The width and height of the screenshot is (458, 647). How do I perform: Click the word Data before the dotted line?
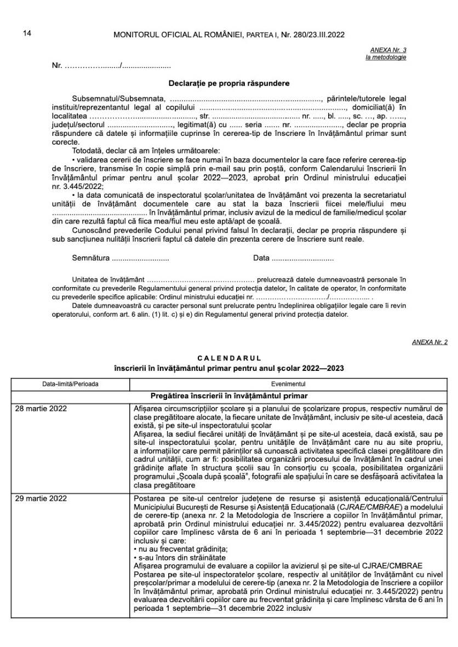point(261,258)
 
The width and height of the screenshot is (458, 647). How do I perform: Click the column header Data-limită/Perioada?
point(70,384)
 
